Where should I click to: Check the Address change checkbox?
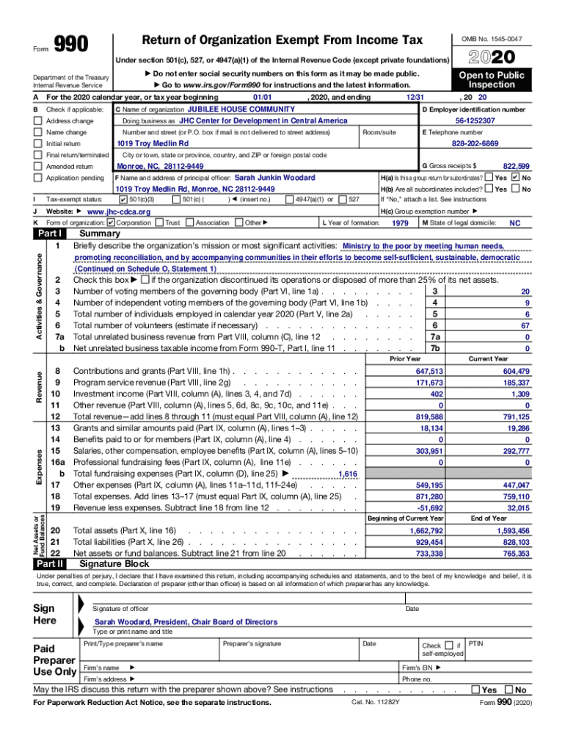click(37, 120)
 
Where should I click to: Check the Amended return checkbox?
click(37, 167)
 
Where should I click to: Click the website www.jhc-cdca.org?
click(118, 211)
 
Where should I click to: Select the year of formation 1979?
click(400, 223)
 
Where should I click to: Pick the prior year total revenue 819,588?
click(429, 416)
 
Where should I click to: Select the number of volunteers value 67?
click(525, 325)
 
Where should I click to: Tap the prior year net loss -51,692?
click(431, 507)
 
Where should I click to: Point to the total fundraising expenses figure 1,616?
click(347, 474)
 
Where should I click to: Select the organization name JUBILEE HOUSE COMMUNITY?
click(233, 109)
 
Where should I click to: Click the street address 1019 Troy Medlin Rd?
click(153, 143)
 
